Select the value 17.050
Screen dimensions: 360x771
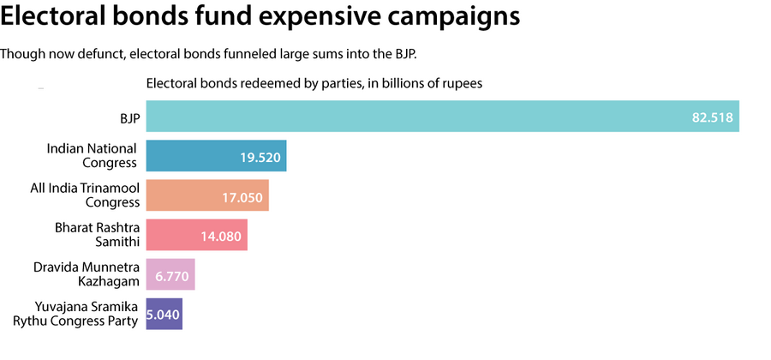(x=242, y=196)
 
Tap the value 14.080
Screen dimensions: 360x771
(x=220, y=236)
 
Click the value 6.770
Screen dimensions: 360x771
(x=171, y=275)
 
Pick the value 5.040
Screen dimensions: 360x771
(x=164, y=315)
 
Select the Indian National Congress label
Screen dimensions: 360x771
(x=92, y=156)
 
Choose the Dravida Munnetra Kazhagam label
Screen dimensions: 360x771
(x=86, y=274)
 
